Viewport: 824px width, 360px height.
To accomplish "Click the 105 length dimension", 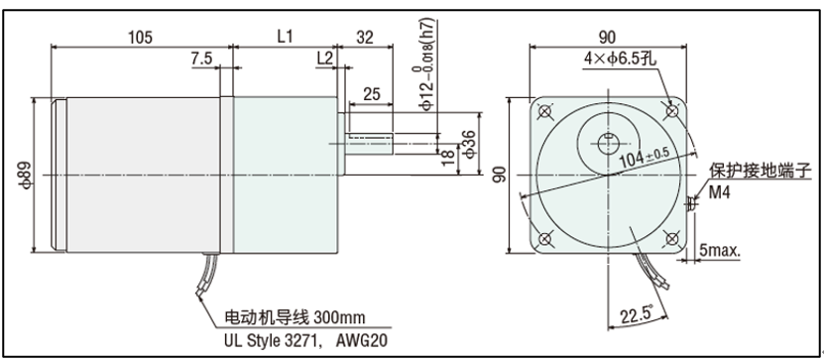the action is (x=141, y=38).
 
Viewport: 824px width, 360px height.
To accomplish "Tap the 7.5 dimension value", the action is (x=201, y=59).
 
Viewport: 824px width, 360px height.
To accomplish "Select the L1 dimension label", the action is (x=285, y=38).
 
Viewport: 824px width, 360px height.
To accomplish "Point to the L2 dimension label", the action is (x=325, y=59).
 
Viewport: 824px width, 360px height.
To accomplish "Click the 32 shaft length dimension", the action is (x=365, y=38).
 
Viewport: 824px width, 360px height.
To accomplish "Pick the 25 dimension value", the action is (x=372, y=94).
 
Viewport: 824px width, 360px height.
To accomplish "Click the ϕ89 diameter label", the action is (x=28, y=174).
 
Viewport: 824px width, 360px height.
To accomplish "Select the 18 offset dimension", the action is (x=448, y=157).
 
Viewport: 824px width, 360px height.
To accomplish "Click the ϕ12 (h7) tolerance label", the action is (x=428, y=64).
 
